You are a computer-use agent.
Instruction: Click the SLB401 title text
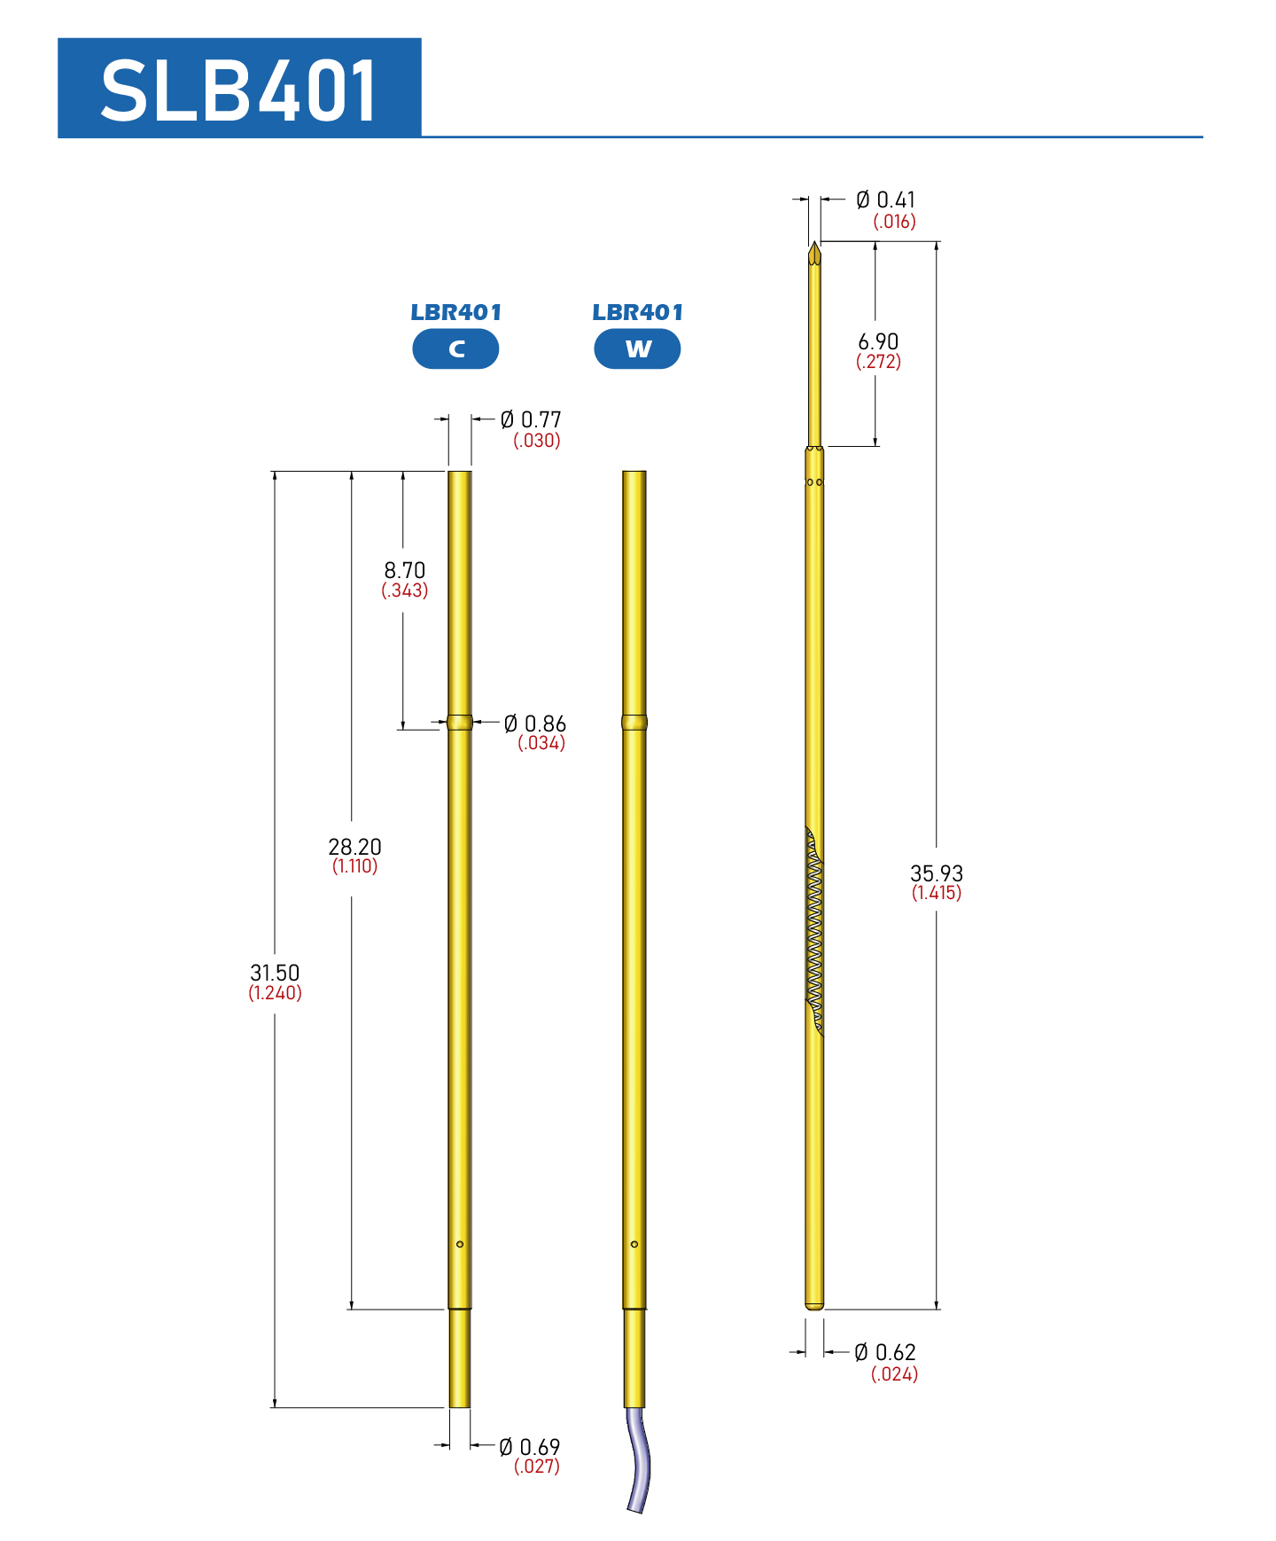pyautogui.click(x=239, y=90)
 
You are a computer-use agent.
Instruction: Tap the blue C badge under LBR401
pyautogui.click(x=455, y=348)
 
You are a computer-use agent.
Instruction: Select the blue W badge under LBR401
pyautogui.click(x=637, y=348)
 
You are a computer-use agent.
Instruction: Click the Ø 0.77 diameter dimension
pyautogui.click(x=531, y=419)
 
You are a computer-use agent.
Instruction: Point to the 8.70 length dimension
pyautogui.click(x=405, y=570)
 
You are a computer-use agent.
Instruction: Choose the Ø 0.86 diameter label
pyautogui.click(x=535, y=724)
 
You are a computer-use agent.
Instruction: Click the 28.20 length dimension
pyautogui.click(x=354, y=847)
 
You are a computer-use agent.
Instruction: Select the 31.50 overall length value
pyautogui.click(x=275, y=973)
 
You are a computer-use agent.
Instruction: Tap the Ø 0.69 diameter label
pyautogui.click(x=530, y=1447)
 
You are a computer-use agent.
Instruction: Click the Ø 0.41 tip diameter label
pyautogui.click(x=885, y=199)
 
